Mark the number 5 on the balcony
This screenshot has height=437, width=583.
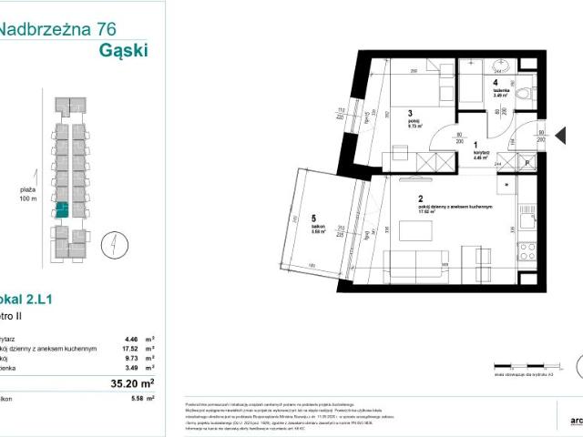click(x=312, y=218)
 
